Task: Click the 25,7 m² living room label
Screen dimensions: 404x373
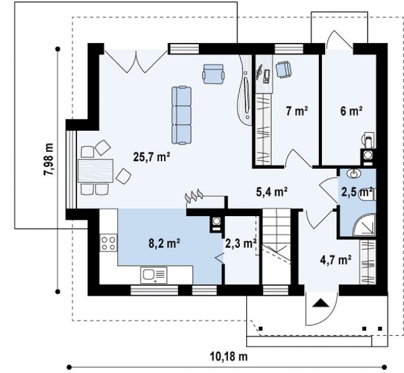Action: (152, 156)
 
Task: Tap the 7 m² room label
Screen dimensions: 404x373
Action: (297, 111)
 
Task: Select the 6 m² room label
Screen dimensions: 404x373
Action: (351, 111)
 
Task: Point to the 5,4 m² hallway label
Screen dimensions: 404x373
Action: (272, 192)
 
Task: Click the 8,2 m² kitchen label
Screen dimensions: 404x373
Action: (164, 243)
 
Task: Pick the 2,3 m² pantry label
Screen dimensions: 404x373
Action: (241, 243)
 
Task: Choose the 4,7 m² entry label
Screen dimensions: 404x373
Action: (336, 260)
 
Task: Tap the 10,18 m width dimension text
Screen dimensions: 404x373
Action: (229, 357)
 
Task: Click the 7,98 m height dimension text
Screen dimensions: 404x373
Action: (48, 159)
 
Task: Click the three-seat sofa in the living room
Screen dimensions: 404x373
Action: (181, 115)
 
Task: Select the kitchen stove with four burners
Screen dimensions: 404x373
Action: (108, 243)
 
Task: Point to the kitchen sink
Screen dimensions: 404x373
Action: (154, 275)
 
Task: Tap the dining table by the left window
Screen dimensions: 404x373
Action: (96, 171)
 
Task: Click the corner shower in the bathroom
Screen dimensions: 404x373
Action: (365, 225)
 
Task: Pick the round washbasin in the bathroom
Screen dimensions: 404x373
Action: (354, 174)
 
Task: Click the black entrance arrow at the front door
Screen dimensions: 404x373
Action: (321, 303)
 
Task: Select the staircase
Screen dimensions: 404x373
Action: (277, 247)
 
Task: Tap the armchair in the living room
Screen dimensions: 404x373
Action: (213, 74)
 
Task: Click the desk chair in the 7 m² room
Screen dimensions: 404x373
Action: (283, 69)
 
